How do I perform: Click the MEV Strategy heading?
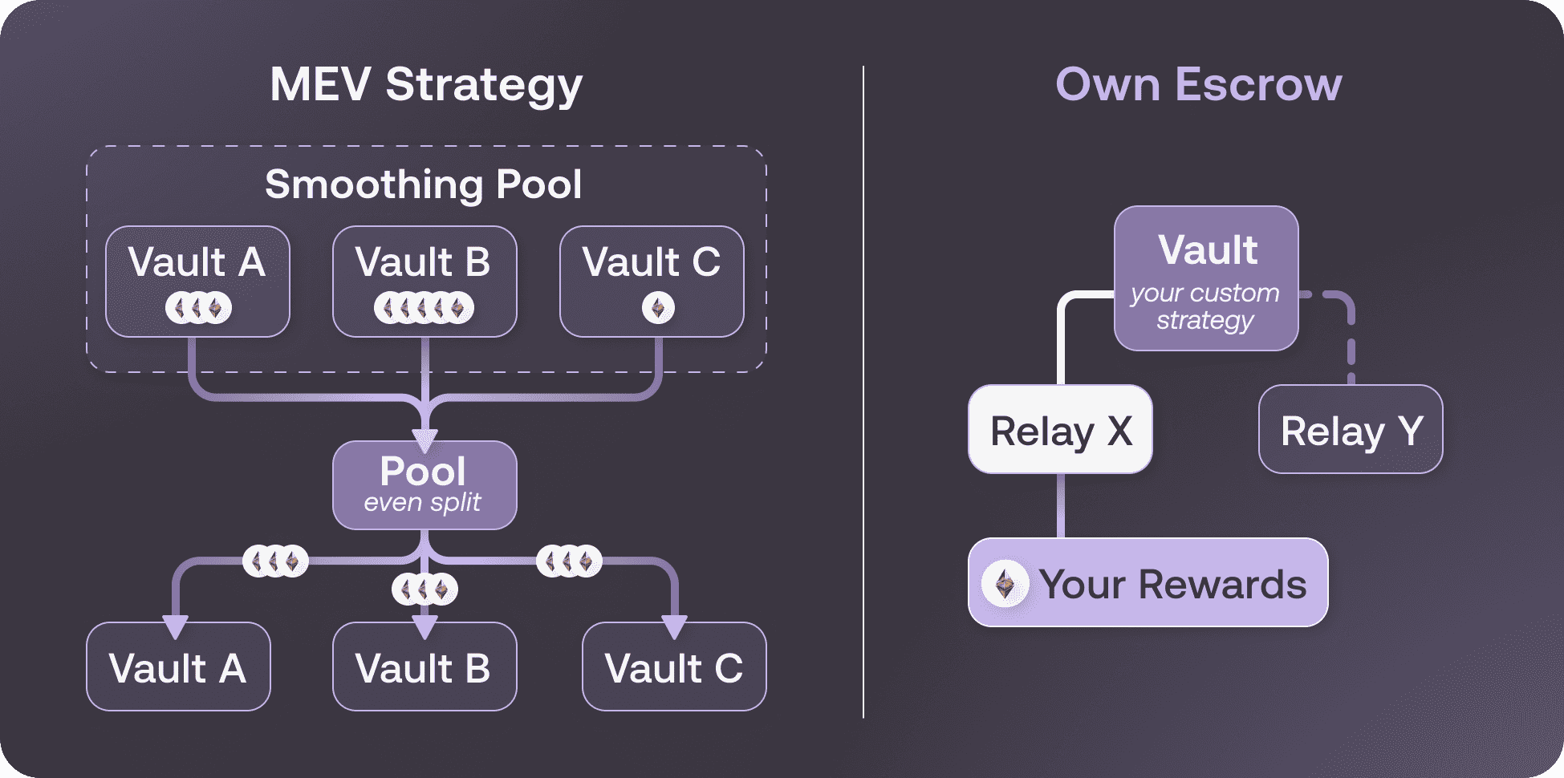[x=426, y=85]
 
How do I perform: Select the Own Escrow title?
[x=1198, y=85]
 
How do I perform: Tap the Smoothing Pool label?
[x=423, y=184]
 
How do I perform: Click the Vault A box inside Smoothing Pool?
[x=197, y=281]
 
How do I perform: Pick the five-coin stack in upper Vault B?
[x=424, y=308]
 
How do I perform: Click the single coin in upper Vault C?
[x=658, y=308]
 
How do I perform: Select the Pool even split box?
[x=425, y=484]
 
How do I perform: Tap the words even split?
[x=422, y=503]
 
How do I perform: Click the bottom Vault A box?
[x=178, y=667]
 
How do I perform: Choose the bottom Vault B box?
[x=425, y=667]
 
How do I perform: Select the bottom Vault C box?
[x=674, y=667]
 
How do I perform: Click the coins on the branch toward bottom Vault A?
[x=275, y=561]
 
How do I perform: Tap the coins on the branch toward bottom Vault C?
[x=569, y=561]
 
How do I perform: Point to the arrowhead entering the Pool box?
[x=425, y=440]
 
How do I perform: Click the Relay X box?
[x=1060, y=430]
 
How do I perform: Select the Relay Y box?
[x=1351, y=430]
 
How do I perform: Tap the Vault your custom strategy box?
[x=1206, y=278]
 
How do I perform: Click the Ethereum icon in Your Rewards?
[x=1005, y=584]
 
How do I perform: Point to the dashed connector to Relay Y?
[x=1351, y=337]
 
